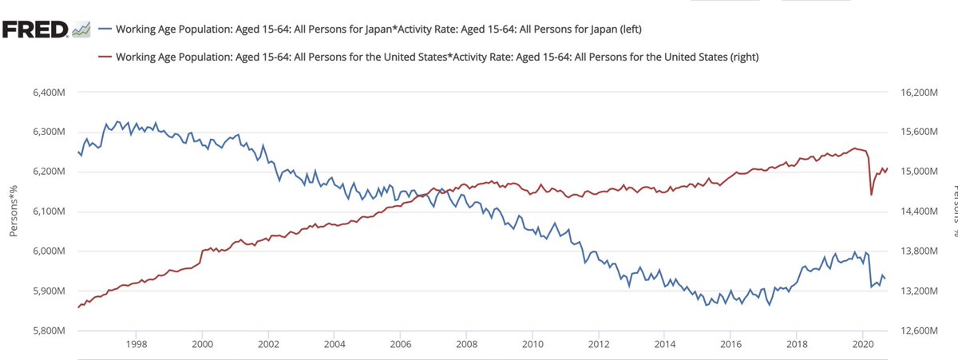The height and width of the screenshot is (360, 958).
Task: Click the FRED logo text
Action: click(x=34, y=30)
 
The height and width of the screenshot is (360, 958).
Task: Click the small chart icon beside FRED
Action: click(x=81, y=31)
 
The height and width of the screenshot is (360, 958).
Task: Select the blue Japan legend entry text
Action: click(x=379, y=30)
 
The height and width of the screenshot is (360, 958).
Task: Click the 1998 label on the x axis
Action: click(x=136, y=344)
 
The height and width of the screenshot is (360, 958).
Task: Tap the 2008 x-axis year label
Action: click(x=466, y=344)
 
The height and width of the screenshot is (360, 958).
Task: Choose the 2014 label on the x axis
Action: click(x=665, y=344)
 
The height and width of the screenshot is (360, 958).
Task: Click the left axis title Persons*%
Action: click(x=14, y=212)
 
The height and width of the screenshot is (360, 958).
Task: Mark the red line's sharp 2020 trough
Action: click(x=871, y=194)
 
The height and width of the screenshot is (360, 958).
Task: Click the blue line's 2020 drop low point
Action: click(x=871, y=287)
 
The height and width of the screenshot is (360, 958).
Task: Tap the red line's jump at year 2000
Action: click(x=202, y=251)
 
